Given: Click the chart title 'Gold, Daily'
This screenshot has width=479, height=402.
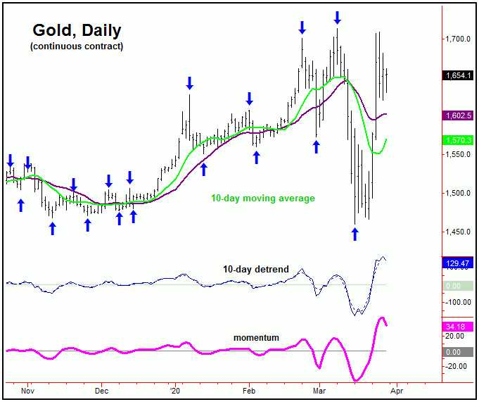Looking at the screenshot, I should pos(77,30).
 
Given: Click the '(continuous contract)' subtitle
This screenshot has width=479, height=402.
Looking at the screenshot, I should pos(77,46).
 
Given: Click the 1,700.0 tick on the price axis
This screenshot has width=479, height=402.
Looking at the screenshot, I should pos(457,39).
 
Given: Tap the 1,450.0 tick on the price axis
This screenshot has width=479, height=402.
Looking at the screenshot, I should pos(457,232).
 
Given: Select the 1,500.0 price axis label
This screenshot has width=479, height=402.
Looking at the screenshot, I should pos(457,194).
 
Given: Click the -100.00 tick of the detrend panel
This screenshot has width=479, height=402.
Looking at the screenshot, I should pos(457,302).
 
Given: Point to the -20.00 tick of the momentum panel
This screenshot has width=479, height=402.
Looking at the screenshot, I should pos(457,366).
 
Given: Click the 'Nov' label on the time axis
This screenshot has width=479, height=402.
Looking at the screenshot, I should pos(27,389).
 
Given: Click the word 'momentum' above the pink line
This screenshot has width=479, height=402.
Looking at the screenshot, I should pos(256,338).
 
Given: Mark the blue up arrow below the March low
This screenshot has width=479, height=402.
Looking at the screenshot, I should pos(355,234).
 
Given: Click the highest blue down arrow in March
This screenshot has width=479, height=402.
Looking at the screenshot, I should pos(337,17).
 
